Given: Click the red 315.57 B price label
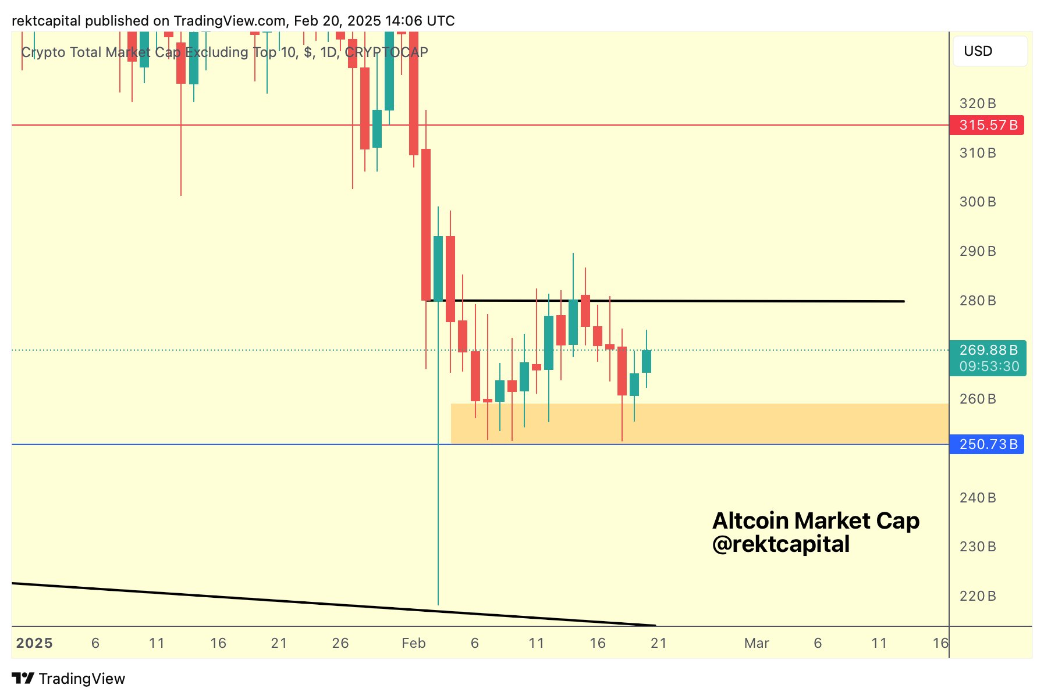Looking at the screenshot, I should (x=987, y=125).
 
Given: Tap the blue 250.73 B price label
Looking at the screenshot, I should (x=987, y=444).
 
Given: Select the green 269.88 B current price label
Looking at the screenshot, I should (x=988, y=350).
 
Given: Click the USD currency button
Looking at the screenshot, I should (x=990, y=51).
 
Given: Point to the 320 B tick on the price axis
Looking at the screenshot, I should (x=978, y=104).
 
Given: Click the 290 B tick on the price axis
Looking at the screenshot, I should (x=978, y=251).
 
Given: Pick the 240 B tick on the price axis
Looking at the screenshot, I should (x=978, y=498).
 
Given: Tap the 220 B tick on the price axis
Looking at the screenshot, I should (x=978, y=596).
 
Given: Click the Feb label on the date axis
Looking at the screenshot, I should (x=414, y=643).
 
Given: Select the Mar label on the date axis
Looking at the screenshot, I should (x=757, y=643).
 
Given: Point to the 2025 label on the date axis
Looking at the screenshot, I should (x=34, y=643).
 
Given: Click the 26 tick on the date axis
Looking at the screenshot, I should (x=340, y=643).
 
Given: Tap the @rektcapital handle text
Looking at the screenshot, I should (x=781, y=544).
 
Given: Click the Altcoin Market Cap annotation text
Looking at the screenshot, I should (x=816, y=520).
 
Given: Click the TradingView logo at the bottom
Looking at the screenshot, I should (x=69, y=679).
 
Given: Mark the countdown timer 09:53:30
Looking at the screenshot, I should (x=989, y=366).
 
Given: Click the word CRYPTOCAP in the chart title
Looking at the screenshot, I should (x=386, y=52).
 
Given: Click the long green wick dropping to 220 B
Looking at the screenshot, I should (x=438, y=523).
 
